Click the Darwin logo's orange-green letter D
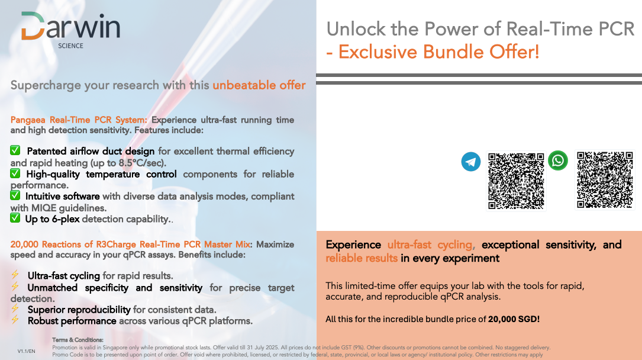pyautogui.click(x=33, y=26)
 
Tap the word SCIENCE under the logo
pyautogui.click(x=70, y=46)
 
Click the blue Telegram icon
pyautogui.click(x=471, y=162)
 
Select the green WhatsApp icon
pyautogui.click(x=557, y=160)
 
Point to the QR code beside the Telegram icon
pyautogui.click(x=516, y=181)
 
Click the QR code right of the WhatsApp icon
pyautogui.click(x=605, y=180)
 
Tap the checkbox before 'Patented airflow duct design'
pyautogui.click(x=15, y=150)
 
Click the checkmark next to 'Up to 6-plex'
pyautogui.click(x=15, y=218)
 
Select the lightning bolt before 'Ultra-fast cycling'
pyautogui.click(x=15, y=274)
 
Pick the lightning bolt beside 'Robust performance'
pyautogui.click(x=15, y=320)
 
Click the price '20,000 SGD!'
pyautogui.click(x=514, y=319)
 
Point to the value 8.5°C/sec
pyautogui.click(x=141, y=163)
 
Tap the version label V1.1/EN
pyautogui.click(x=26, y=351)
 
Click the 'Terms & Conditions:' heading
pyautogui.click(x=78, y=340)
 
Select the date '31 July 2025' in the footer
pyautogui.click(x=261, y=348)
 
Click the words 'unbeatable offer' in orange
pyautogui.click(x=259, y=85)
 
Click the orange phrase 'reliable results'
pyautogui.click(x=362, y=258)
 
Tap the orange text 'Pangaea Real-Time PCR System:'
pyautogui.click(x=79, y=120)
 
